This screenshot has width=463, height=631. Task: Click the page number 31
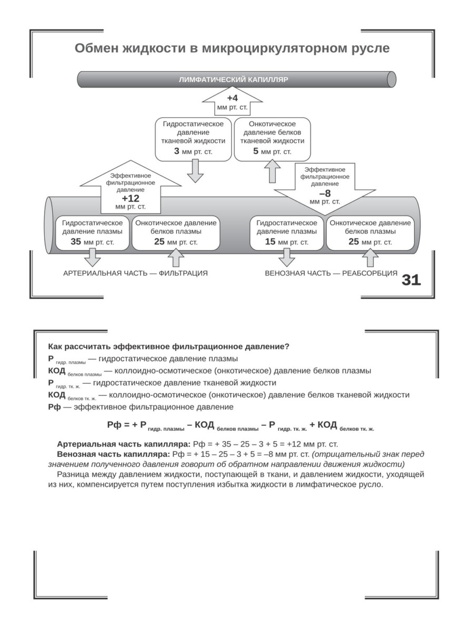click(411, 280)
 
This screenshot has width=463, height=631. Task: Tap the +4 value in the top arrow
click(233, 98)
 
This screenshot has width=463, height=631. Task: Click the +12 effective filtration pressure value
click(130, 198)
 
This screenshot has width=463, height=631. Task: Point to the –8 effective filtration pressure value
click(325, 192)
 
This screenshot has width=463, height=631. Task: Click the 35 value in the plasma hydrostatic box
click(76, 242)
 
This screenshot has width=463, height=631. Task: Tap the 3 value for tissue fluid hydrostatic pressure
click(176, 151)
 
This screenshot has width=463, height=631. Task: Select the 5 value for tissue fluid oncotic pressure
click(256, 151)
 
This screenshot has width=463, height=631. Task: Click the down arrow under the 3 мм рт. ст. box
click(195, 171)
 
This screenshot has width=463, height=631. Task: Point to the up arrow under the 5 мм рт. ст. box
click(273, 171)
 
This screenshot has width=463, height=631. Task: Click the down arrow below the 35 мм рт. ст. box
click(93, 258)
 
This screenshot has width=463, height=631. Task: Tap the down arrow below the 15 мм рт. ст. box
click(287, 258)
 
